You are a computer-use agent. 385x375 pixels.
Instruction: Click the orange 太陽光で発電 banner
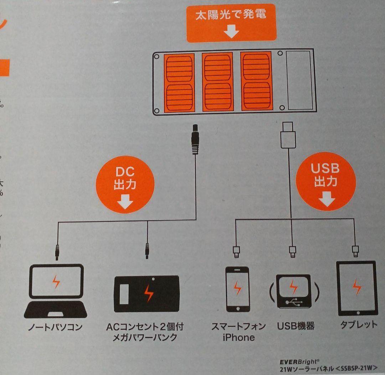click(x=231, y=23)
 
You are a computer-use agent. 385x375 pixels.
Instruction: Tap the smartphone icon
click(x=237, y=289)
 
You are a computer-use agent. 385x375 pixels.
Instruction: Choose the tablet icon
click(x=357, y=288)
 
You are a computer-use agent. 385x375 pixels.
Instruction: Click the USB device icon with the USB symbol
click(x=293, y=290)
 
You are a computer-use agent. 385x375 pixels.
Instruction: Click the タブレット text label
click(x=358, y=325)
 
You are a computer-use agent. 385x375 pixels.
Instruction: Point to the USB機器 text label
click(x=296, y=326)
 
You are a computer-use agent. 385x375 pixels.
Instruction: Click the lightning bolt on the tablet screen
click(x=357, y=287)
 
